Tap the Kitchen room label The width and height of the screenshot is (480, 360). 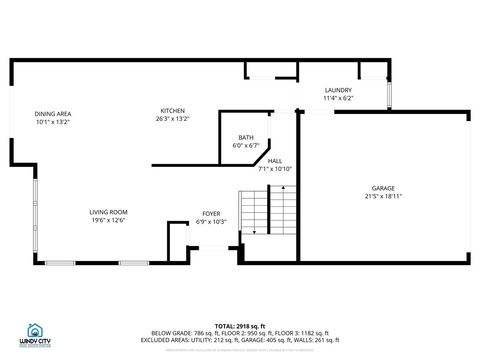pyautogui.click(x=172, y=110)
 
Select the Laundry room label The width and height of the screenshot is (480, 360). pyautogui.click(x=338, y=90)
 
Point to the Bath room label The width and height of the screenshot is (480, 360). pyautogui.click(x=245, y=137)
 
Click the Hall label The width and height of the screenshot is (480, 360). pyautogui.click(x=274, y=160)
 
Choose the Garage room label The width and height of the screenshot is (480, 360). pyautogui.click(x=383, y=188)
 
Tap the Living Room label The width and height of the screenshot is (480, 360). pyautogui.click(x=108, y=212)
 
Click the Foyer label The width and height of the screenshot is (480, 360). pyautogui.click(x=211, y=213)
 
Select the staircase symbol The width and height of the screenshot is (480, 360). pyautogui.click(x=269, y=211)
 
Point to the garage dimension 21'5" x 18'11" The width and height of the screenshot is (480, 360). pyautogui.click(x=383, y=196)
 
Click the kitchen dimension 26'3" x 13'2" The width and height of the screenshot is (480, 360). pyautogui.click(x=172, y=119)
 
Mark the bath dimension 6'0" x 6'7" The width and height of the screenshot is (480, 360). pyautogui.click(x=245, y=145)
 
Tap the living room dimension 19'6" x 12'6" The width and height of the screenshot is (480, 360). pyautogui.click(x=108, y=220)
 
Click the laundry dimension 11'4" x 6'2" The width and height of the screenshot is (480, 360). pyautogui.click(x=338, y=98)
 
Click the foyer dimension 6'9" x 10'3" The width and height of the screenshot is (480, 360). pyautogui.click(x=211, y=221)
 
